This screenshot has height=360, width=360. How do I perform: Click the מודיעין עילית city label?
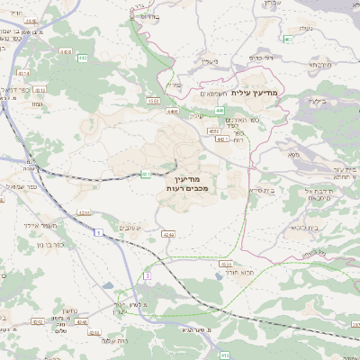tap(256, 93)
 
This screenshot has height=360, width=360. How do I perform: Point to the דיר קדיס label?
tap(260, 58)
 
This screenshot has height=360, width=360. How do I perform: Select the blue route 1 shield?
tap(95, 234)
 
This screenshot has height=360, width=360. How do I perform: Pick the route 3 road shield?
tap(147, 276)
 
